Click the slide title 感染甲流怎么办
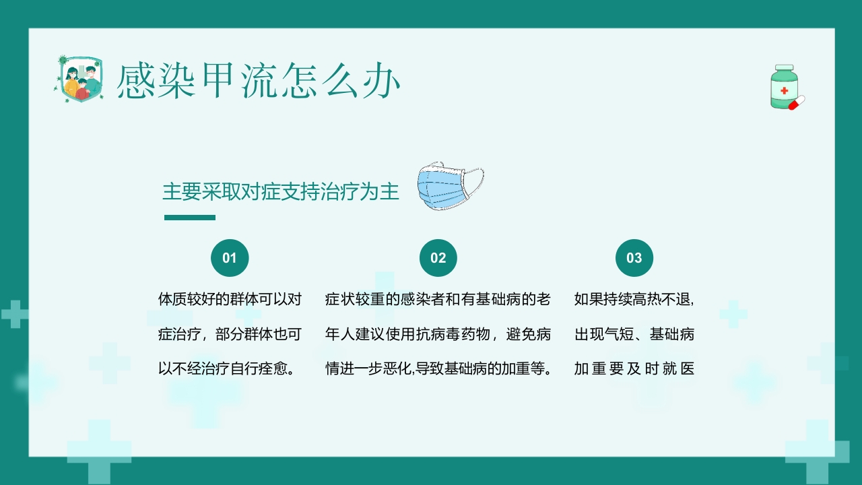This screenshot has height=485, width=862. tap(259, 82)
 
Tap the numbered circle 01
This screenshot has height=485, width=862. tap(230, 258)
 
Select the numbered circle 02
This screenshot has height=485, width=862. tap(438, 258)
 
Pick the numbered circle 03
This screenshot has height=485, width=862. tap(634, 258)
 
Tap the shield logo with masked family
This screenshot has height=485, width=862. tap(77, 79)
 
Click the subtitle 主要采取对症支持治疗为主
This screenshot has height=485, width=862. tap(281, 192)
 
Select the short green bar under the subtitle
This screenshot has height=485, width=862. tap(190, 218)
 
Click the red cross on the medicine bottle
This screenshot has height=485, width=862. tap(784, 90)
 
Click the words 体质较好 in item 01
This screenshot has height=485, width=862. tap(183, 299)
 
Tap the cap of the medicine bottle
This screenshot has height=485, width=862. tap(784, 69)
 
